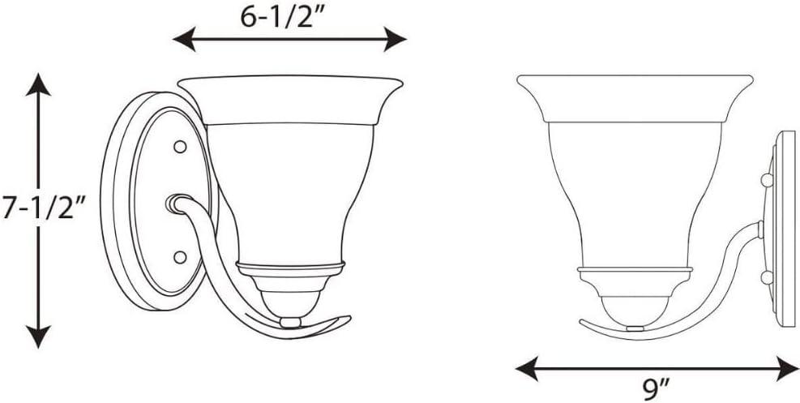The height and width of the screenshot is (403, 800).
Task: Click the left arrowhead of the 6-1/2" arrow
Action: tap(184, 39)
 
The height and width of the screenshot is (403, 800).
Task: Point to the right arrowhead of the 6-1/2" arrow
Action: tap(395, 39)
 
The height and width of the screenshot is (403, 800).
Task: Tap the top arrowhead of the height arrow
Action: tap(38, 84)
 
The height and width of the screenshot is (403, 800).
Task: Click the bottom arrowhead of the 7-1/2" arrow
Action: tap(38, 337)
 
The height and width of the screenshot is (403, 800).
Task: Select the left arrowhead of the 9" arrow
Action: tap(527, 368)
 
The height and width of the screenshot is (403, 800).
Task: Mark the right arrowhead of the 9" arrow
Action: tap(787, 368)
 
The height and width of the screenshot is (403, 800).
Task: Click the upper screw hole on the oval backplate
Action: tap(180, 147)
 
